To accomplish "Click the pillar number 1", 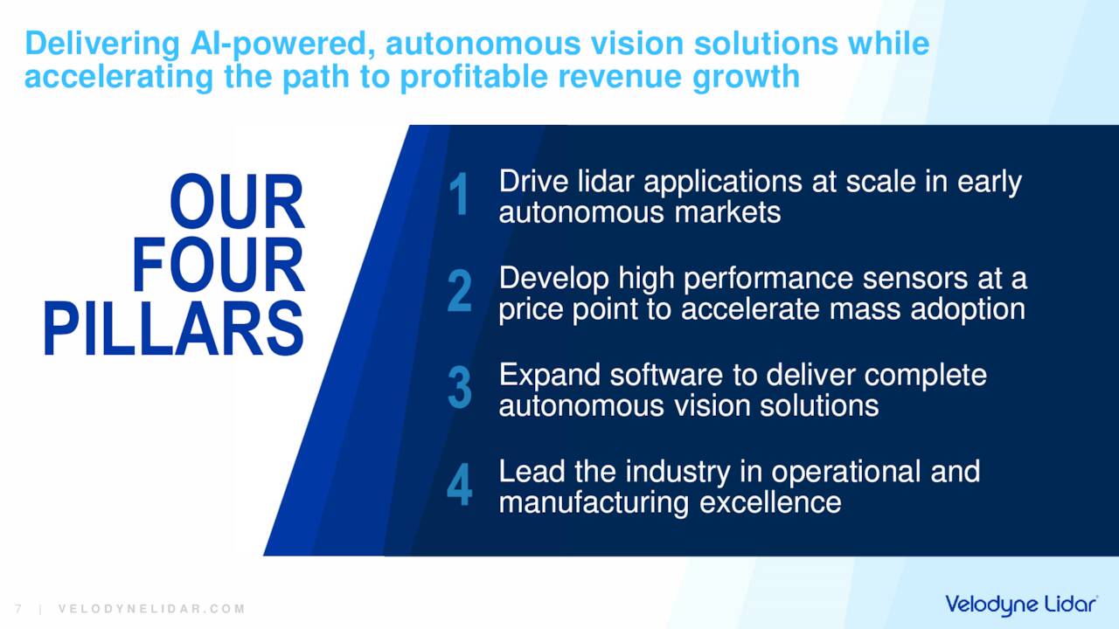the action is click(459, 194).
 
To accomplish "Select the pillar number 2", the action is click(460, 291).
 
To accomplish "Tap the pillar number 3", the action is click(460, 387).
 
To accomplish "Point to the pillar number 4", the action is click(460, 484).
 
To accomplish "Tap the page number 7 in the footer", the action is click(18, 609).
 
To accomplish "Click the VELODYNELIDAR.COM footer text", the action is click(151, 609).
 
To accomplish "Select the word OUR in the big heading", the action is click(237, 202).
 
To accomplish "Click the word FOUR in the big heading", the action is click(218, 265).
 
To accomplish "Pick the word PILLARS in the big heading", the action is click(174, 328).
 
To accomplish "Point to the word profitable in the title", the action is click(474, 78).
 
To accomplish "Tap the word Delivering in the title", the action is click(102, 44).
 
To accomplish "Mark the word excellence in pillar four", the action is click(770, 502).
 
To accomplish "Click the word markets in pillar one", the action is click(728, 212).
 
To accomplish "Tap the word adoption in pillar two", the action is click(968, 310).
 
